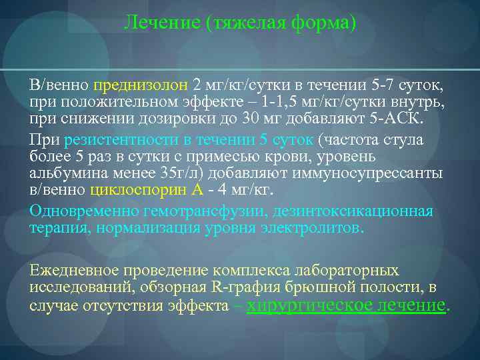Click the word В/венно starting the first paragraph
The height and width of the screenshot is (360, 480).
click(59, 86)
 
